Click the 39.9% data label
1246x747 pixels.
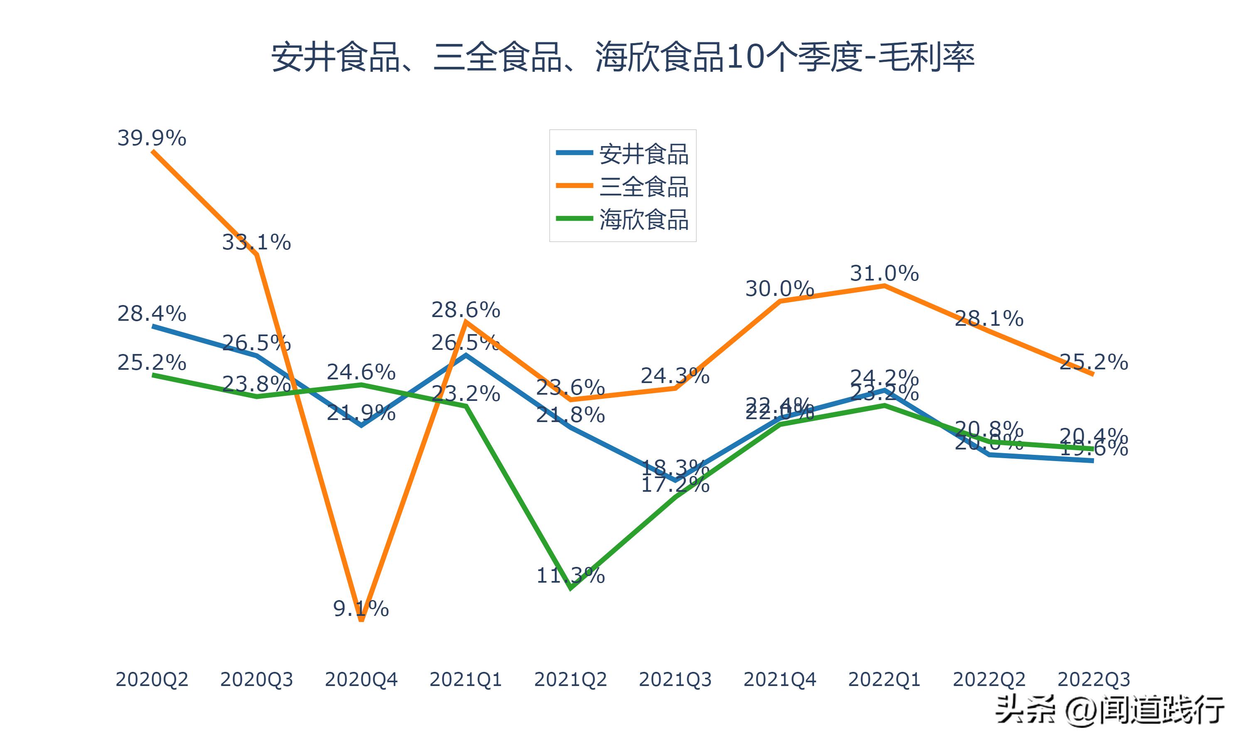point(152,138)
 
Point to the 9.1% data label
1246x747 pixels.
point(361,608)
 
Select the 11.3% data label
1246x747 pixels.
point(570,575)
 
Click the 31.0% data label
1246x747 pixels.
point(884,273)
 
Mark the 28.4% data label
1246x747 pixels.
point(152,314)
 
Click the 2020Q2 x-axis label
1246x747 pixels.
point(152,679)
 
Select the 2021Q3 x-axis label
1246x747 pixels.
point(675,679)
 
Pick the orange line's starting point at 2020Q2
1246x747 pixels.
point(152,151)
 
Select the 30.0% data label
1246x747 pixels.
point(780,289)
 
